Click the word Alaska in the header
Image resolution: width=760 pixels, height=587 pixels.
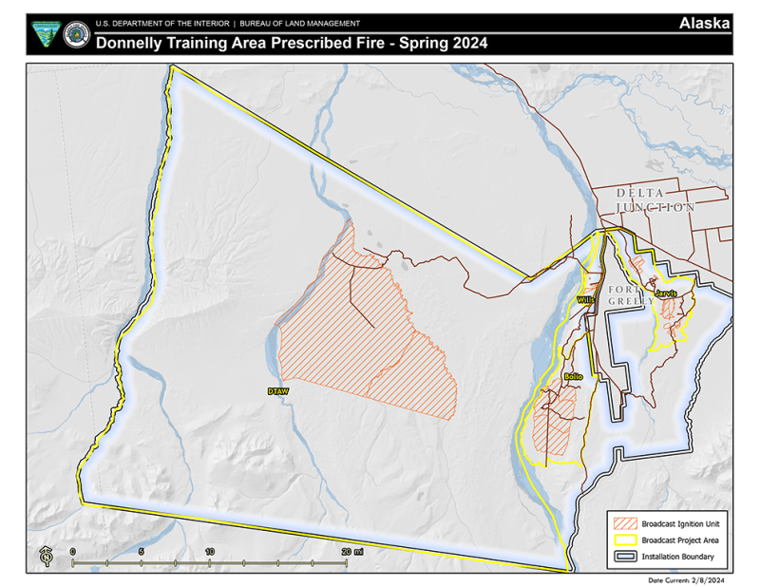click(704, 23)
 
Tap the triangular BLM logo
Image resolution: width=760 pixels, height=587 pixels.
click(44, 35)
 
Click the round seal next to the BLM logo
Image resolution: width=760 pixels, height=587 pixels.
click(76, 35)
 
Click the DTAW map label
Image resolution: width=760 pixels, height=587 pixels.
click(277, 390)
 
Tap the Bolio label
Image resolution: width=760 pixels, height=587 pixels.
click(572, 377)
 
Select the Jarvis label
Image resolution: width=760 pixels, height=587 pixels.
click(665, 293)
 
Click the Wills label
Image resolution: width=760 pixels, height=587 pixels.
click(584, 299)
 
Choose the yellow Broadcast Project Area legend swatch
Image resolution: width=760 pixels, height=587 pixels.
click(625, 540)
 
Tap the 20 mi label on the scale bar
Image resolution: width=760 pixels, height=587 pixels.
click(351, 551)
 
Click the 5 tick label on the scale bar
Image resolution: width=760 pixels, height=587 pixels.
click(141, 551)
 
